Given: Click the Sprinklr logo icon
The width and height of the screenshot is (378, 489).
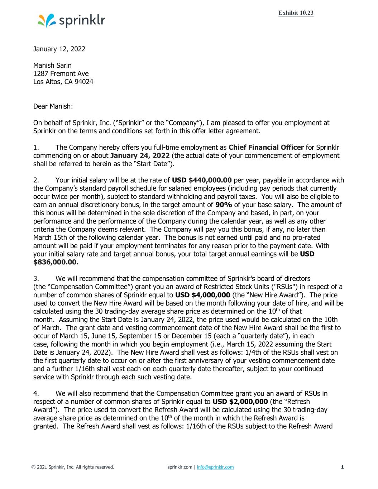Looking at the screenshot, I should click(46, 21).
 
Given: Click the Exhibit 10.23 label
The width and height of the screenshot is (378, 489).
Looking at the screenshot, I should click(296, 13).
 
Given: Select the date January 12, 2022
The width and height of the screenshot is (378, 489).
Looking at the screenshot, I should click(59, 49).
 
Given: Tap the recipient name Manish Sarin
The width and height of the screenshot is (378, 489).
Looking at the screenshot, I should click(52, 66).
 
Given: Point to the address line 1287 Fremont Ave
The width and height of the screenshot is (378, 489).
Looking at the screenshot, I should click(61, 74).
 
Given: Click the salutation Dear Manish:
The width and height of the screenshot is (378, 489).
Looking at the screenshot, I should click(53, 106).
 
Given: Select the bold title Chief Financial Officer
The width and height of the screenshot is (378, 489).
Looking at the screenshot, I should click(266, 148).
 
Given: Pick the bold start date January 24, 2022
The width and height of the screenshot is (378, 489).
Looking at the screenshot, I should click(140, 156).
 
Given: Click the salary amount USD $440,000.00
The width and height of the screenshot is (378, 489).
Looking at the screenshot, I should click(202, 180).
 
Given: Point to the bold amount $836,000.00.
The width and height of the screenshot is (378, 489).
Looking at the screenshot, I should click(56, 262).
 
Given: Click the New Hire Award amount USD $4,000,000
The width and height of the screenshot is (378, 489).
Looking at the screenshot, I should click(202, 295).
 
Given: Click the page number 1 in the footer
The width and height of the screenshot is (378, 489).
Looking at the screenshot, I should click(342, 467).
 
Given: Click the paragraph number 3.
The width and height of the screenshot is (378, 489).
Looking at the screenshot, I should click(35, 279).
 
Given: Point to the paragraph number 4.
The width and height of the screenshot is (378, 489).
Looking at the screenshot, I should click(35, 393).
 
